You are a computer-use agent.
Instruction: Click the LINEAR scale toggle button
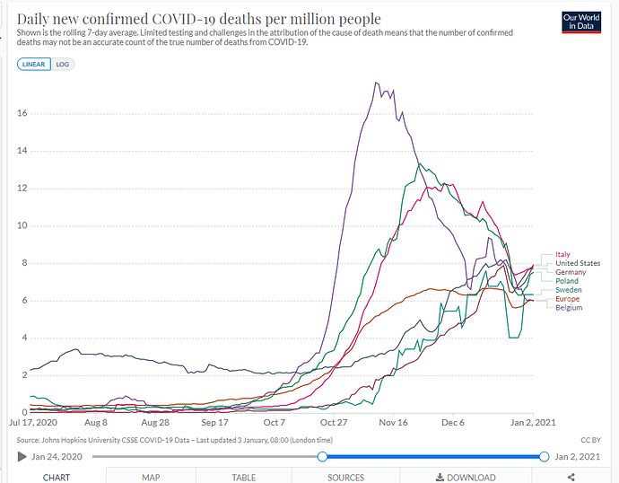(x=33, y=65)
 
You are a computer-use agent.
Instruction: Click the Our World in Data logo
(x=580, y=22)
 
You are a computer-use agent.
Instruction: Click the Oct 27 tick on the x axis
(x=334, y=421)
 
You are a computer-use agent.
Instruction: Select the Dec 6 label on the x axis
(x=453, y=421)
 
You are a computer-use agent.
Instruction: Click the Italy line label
(x=562, y=254)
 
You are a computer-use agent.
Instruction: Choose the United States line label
(x=578, y=263)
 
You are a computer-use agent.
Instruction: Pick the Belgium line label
(x=569, y=308)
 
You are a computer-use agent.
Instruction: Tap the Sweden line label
(x=568, y=290)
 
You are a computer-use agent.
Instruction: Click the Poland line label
(x=567, y=281)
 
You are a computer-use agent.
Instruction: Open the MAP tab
(x=151, y=478)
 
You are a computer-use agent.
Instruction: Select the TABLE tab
(x=244, y=478)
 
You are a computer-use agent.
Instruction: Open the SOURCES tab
(x=345, y=478)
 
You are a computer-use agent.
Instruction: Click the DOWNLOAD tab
(x=466, y=478)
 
